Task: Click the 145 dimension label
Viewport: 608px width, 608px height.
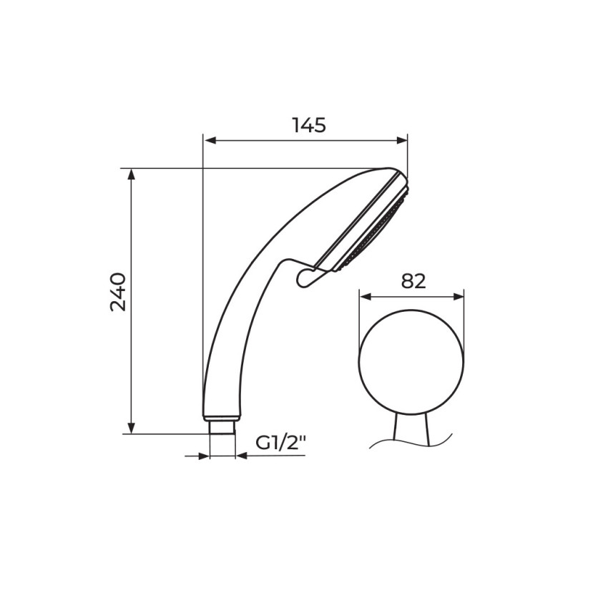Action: [x=309, y=125]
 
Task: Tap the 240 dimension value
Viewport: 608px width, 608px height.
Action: [x=118, y=293]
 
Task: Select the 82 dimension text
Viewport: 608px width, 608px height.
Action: [x=413, y=281]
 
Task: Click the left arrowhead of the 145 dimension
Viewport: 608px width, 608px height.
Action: [x=210, y=140]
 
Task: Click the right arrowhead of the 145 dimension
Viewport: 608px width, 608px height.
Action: [x=401, y=140]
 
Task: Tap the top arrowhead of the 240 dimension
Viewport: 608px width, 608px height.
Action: [x=132, y=175]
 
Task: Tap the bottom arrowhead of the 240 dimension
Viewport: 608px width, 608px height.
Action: [x=132, y=428]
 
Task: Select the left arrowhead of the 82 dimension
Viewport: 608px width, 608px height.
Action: [x=366, y=297]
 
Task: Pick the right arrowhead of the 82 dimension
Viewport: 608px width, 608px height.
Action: [x=458, y=297]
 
